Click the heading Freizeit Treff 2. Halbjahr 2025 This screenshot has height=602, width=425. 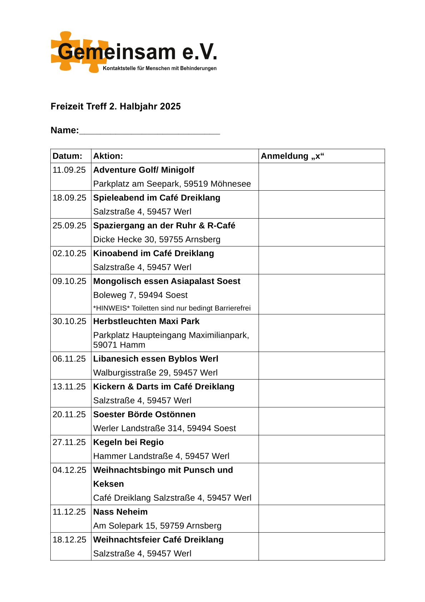point(115,107)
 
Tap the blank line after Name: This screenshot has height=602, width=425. point(149,131)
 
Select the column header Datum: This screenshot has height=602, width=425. point(67,156)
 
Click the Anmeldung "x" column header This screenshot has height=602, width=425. point(292,156)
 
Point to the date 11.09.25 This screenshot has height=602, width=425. point(69,170)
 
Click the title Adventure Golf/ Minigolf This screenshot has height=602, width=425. point(144,170)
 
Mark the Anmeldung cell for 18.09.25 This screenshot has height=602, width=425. point(321,205)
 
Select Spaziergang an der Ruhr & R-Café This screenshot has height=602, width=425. point(164,226)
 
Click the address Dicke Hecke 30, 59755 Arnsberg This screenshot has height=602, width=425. point(156,240)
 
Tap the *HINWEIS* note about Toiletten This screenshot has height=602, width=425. point(172,308)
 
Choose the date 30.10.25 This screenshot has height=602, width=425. point(69,321)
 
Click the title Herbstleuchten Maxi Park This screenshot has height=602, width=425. point(146,321)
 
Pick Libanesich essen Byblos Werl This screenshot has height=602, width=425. point(155,359)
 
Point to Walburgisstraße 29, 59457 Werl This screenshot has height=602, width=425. point(155,373)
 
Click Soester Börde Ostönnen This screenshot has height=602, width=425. point(144,415)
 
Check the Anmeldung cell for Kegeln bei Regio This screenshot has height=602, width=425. point(321,449)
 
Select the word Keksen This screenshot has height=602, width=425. point(108,484)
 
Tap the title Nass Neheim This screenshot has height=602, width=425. point(120,512)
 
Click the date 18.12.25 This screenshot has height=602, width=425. point(69,540)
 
